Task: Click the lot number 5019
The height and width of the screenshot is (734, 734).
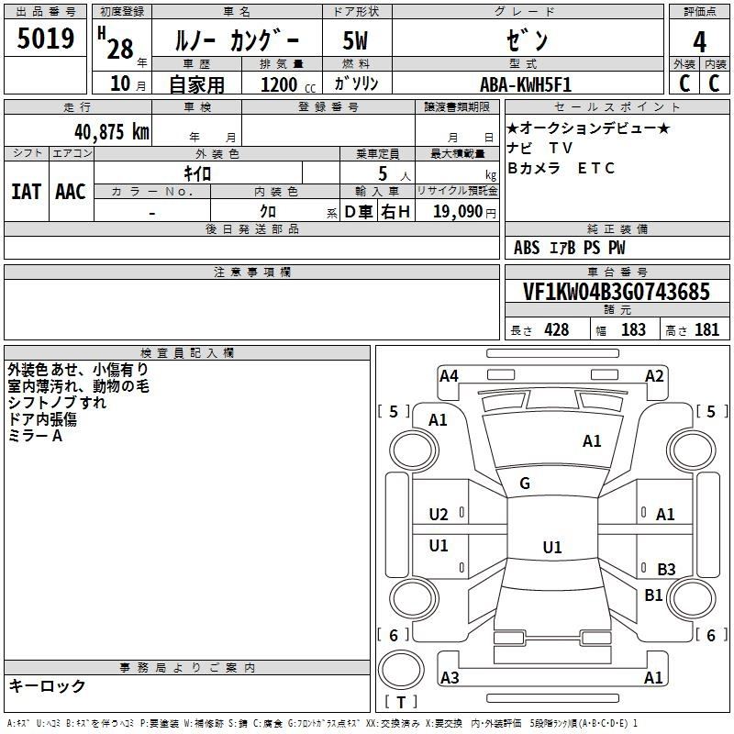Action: [x=45, y=39]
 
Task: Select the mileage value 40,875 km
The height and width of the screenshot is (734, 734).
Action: [x=112, y=132]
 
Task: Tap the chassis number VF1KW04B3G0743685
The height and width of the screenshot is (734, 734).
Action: [x=616, y=292]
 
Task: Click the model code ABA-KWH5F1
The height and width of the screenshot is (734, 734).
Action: [x=526, y=84]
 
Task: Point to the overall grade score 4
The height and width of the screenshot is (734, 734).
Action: [x=699, y=42]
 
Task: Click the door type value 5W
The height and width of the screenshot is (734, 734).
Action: [x=355, y=40]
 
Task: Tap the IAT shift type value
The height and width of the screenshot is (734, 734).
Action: [x=26, y=192]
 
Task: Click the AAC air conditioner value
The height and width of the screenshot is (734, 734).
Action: [x=71, y=192]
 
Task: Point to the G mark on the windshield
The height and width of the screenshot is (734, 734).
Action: [x=525, y=484]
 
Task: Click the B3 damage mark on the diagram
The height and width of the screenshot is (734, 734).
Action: [x=666, y=569]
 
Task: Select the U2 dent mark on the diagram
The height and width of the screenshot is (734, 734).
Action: [x=439, y=515]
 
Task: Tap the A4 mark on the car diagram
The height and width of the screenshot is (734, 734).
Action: [x=449, y=376]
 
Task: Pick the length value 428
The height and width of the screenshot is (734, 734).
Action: [x=557, y=330]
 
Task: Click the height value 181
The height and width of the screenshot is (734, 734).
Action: [x=706, y=330]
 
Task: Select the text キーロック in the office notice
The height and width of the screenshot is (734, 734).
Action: [x=48, y=685]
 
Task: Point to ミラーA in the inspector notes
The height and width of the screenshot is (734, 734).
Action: [x=35, y=436]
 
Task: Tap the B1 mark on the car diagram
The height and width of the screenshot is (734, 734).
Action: [x=653, y=595]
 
